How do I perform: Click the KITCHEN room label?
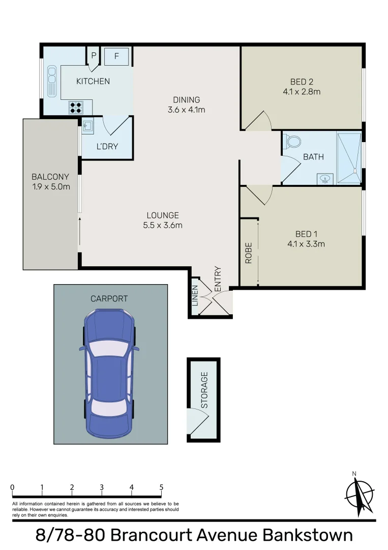coord(93,81)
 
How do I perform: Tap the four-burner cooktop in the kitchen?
coord(76,107)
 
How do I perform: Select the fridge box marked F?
coord(116,57)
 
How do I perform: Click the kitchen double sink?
coord(52,81)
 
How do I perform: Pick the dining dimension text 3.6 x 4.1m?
coord(186,109)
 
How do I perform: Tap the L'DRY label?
coord(107,147)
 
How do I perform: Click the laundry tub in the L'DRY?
coord(87,126)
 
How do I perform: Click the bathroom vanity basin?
coord(324,178)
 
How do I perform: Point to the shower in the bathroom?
coord(349,157)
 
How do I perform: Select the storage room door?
coord(198,422)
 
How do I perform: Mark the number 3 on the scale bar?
coord(102,487)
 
